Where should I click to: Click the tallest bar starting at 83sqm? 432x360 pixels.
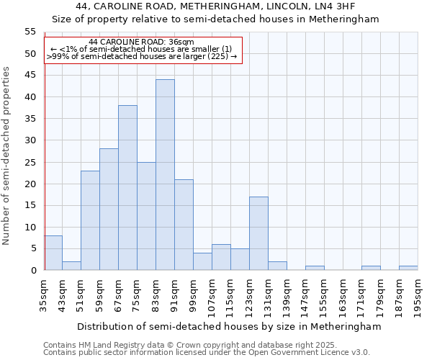165,175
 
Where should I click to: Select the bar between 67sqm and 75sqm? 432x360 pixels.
127,188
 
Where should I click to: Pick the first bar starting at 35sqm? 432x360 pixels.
53,253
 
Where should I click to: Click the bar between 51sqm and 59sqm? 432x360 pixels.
90,220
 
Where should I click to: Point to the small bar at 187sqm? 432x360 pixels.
408,268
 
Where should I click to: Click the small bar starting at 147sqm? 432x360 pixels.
315,268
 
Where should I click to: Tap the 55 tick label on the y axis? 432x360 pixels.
30,32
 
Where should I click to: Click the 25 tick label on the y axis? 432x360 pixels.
30,162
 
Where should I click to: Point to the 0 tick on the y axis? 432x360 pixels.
32,270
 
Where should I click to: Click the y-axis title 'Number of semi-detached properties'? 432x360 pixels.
7,156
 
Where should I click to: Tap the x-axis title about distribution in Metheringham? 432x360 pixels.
228,326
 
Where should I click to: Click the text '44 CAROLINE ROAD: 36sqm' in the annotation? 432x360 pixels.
141,42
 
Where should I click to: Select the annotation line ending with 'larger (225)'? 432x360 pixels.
141,56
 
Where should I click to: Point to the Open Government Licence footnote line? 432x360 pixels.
207,352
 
